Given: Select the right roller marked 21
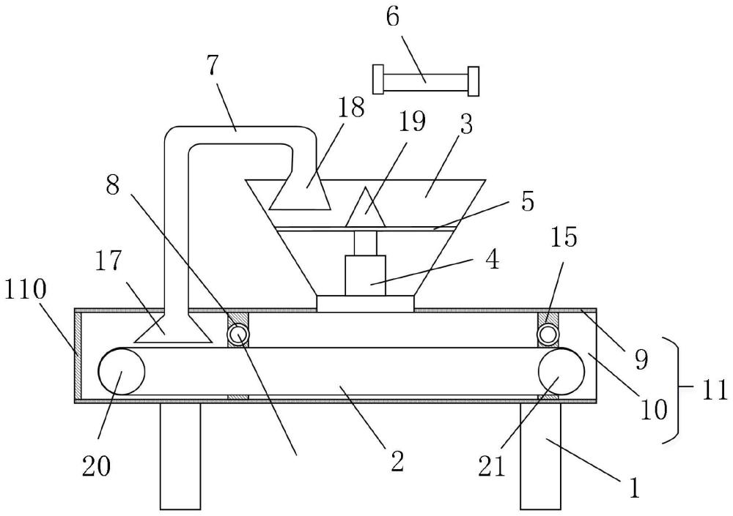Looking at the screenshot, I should (561, 371).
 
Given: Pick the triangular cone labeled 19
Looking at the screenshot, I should (366, 207).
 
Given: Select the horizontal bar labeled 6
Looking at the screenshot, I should (426, 80).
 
